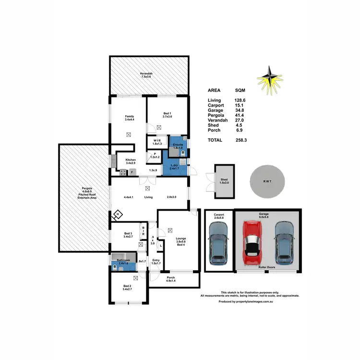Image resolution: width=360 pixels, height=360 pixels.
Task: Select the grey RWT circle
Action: [x=267, y=182]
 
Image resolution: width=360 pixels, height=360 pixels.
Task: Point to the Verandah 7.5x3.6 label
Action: [x=146, y=75]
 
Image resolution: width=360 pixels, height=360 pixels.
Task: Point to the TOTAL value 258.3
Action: [x=241, y=140]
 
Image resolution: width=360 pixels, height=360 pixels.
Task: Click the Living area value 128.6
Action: [x=240, y=100]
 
